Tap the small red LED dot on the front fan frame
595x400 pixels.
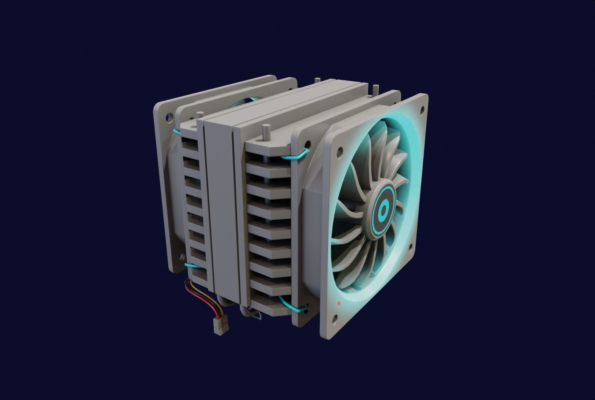pyautogui.click(x=339, y=303)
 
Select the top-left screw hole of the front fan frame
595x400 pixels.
pyautogui.click(x=340, y=150)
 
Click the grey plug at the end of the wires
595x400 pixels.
pyautogui.click(x=220, y=326)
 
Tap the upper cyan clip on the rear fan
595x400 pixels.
pyautogui.click(x=177, y=130)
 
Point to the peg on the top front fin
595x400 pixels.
pyautogui.click(x=265, y=132)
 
